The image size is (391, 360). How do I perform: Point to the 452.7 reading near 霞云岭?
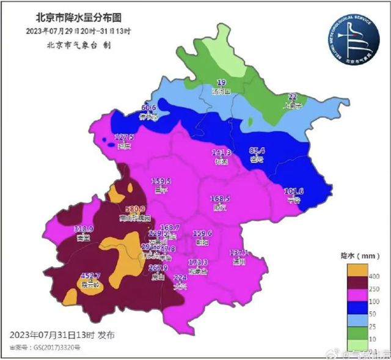[89, 275]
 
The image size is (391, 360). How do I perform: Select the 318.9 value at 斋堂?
[83, 229]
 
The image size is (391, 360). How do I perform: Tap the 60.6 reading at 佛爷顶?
[150, 108]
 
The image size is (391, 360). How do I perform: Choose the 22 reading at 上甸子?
[293, 97]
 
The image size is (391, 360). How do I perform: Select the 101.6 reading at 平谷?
[294, 191]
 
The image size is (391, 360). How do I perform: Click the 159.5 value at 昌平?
[161, 182]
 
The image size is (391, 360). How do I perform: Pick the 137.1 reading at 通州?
[239, 252]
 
